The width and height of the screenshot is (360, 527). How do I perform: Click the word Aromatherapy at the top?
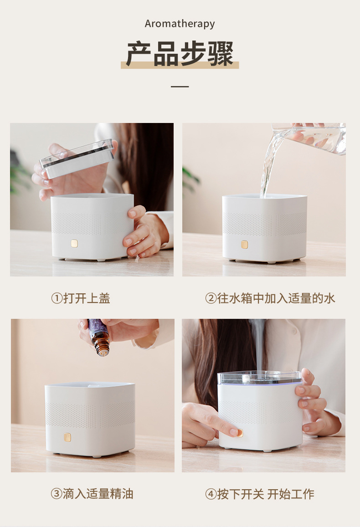point(180,24)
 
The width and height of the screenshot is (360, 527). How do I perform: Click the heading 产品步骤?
point(180,53)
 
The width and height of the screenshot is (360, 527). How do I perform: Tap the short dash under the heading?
point(180,87)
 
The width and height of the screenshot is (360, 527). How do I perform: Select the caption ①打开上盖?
point(81,298)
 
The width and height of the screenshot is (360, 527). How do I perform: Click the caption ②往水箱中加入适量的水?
point(270,298)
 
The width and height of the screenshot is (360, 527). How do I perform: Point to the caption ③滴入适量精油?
point(92,494)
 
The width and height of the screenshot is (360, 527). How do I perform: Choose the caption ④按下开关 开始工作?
point(260,494)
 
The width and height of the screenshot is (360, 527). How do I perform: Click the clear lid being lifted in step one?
point(77,159)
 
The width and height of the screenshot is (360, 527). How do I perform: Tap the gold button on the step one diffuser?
point(74,243)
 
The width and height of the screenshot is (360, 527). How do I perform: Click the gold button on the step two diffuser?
point(245,244)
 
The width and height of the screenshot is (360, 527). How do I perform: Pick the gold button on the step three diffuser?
point(67,437)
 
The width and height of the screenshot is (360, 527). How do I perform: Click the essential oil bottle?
point(99,337)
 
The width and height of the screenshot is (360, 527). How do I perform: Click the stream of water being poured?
point(269,165)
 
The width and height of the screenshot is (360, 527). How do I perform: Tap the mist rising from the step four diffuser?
point(258,346)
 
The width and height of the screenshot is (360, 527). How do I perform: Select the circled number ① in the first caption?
point(57,298)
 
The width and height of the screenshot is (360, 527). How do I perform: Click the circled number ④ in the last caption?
point(211,494)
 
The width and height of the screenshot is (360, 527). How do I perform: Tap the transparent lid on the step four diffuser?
point(259,378)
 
